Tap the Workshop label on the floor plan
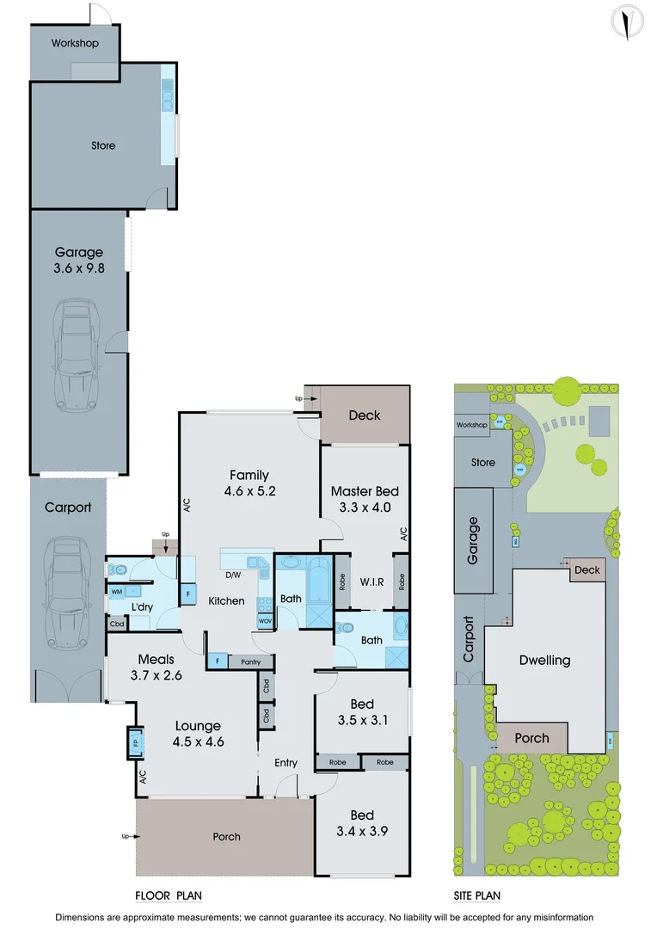point(75,43)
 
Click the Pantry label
point(251,661)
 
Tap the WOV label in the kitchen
point(264,620)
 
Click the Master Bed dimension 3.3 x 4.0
point(365,507)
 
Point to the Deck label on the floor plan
point(364,415)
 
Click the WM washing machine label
point(116,592)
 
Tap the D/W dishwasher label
point(232,575)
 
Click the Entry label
point(286,763)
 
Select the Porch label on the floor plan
point(227,836)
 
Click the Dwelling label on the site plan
point(545,661)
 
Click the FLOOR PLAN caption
point(168,895)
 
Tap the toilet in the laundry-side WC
point(120,569)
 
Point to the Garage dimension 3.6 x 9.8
point(79,268)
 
